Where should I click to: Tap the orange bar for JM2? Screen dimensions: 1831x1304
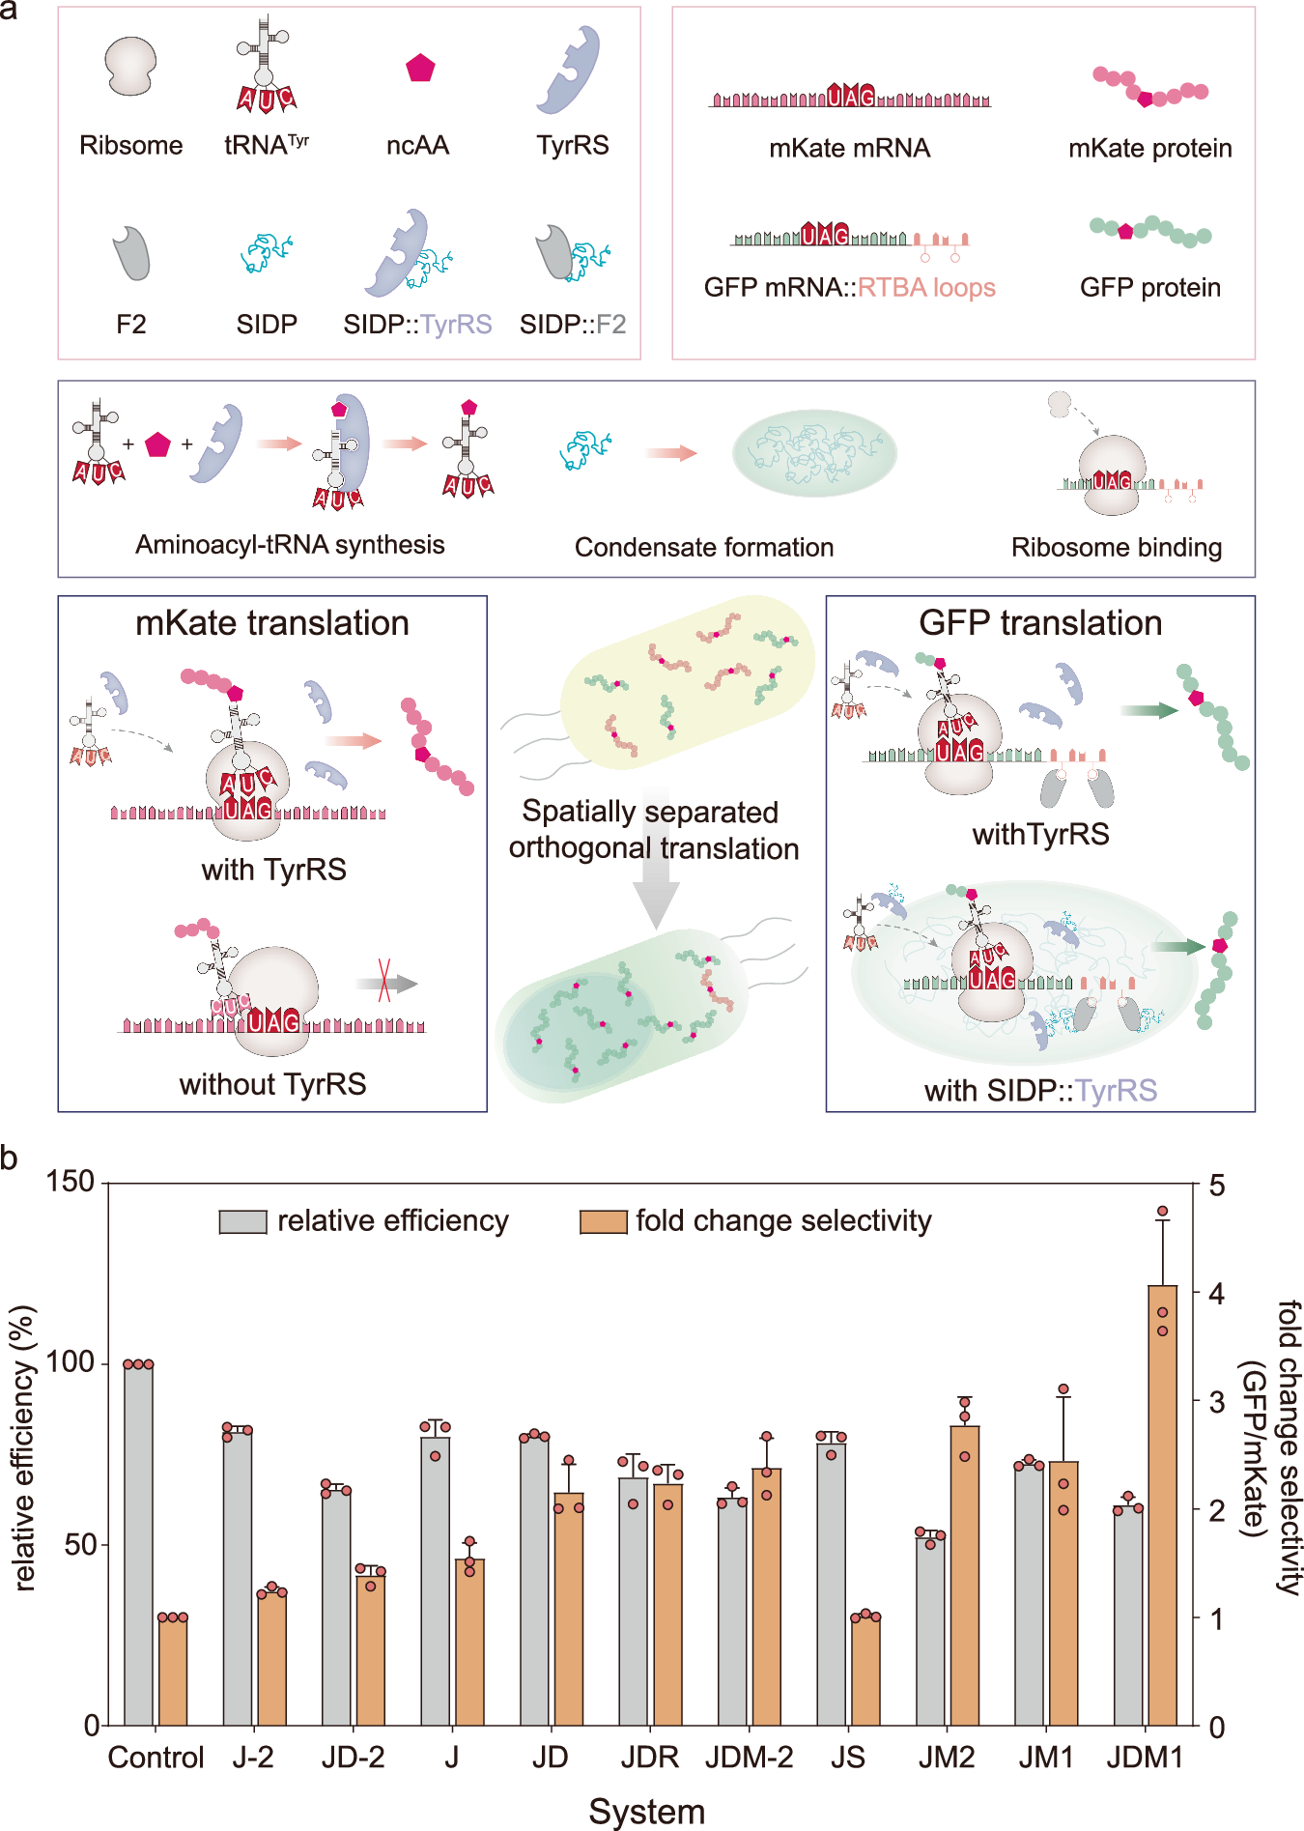pos(964,1575)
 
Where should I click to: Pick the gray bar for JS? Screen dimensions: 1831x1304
pos(831,1585)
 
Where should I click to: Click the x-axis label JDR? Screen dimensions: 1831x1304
pos(649,1757)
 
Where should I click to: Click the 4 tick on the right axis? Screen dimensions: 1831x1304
pos(1216,1293)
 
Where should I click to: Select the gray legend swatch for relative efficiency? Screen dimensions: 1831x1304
pos(242,1221)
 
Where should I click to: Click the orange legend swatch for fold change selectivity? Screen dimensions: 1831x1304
pos(603,1221)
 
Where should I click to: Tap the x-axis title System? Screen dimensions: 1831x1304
pos(646,1811)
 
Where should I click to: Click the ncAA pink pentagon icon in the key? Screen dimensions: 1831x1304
pos(420,68)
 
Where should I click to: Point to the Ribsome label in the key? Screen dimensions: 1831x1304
pos(130,145)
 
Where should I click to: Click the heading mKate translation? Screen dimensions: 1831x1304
pos(271,623)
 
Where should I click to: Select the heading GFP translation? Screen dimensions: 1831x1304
pos(1039,623)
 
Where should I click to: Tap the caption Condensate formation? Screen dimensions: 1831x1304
pos(703,547)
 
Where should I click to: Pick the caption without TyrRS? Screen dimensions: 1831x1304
pos(272,1084)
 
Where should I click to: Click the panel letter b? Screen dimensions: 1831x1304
pos(10,1158)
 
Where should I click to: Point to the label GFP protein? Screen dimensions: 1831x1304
pos(1149,287)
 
